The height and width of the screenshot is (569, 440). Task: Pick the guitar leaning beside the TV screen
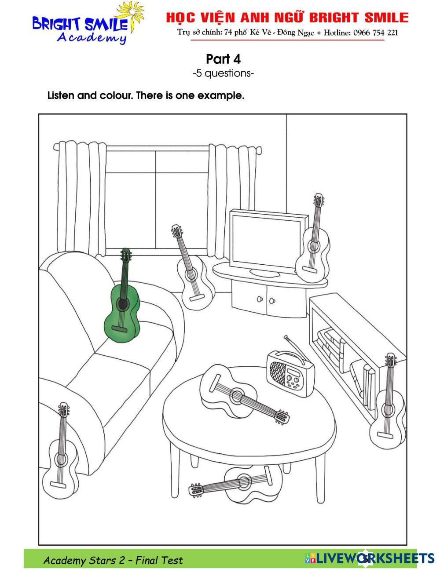pyautogui.click(x=313, y=253)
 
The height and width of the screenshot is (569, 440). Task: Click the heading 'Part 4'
pyautogui.click(x=223, y=59)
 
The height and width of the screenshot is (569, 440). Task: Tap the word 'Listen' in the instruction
pyautogui.click(x=61, y=95)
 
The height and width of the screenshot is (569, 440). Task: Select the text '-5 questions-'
pyautogui.click(x=223, y=73)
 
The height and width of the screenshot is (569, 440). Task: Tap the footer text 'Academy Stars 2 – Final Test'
pyautogui.click(x=113, y=560)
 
